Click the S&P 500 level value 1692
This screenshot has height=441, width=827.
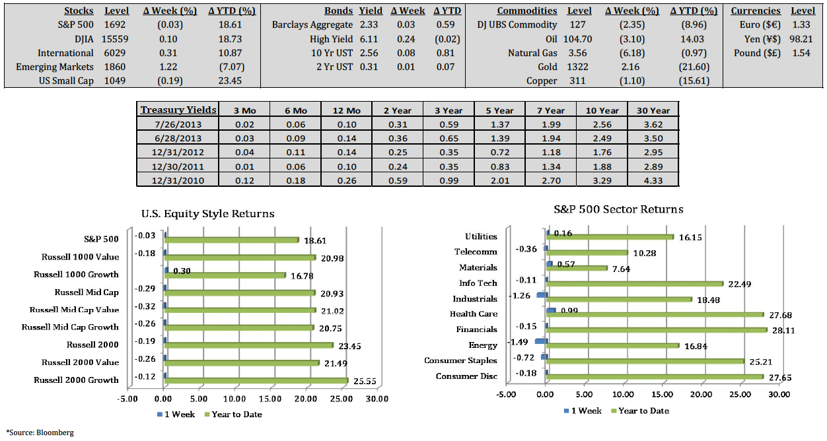click(x=115, y=24)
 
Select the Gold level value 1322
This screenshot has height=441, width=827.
click(x=577, y=67)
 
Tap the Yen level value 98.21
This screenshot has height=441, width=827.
click(x=801, y=39)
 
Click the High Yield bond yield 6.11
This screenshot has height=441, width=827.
click(x=369, y=39)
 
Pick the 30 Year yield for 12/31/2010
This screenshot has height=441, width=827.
click(x=653, y=180)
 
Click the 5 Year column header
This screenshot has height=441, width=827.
click(x=499, y=110)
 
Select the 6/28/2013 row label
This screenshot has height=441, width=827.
click(x=178, y=139)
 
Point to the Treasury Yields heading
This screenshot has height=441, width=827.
click(x=178, y=110)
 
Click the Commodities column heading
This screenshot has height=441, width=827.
click(x=526, y=11)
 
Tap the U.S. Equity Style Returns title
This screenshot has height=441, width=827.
click(x=208, y=214)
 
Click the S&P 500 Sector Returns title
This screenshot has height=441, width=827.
click(x=618, y=209)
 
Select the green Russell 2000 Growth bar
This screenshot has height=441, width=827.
click(x=256, y=380)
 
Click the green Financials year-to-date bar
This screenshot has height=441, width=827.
click(x=657, y=330)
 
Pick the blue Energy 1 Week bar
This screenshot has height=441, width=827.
click(x=541, y=341)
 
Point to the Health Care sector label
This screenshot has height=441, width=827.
click(x=474, y=314)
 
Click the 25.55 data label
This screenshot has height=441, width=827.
click(x=365, y=381)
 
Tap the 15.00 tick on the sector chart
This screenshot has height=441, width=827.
click(x=662, y=395)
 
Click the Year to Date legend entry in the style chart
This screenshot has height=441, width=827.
click(x=233, y=415)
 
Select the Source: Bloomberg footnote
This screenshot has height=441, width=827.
click(x=40, y=432)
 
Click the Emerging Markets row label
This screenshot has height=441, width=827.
click(x=55, y=67)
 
